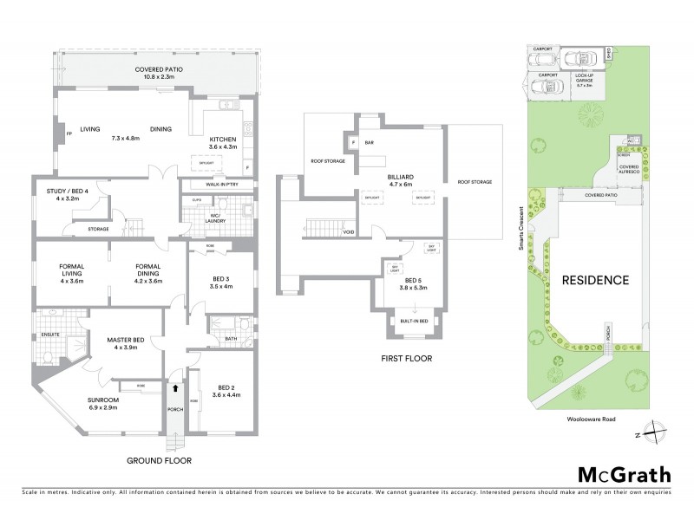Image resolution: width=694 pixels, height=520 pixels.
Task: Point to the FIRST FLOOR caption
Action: [x=406, y=358]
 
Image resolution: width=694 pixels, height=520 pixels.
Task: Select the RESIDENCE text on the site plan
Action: [x=594, y=280]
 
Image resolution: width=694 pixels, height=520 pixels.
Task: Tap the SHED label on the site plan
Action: [x=610, y=54]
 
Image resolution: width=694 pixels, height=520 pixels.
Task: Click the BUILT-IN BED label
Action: [x=411, y=321]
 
